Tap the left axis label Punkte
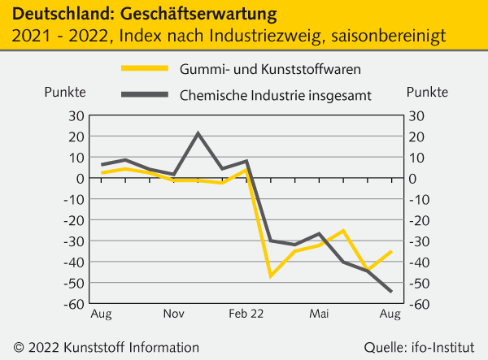click(64, 92)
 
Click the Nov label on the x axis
click(173, 314)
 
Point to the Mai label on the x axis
click(319, 314)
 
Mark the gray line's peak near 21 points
click(198, 133)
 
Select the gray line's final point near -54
click(391, 292)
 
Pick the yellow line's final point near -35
click(391, 251)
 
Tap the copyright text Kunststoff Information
click(135, 347)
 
